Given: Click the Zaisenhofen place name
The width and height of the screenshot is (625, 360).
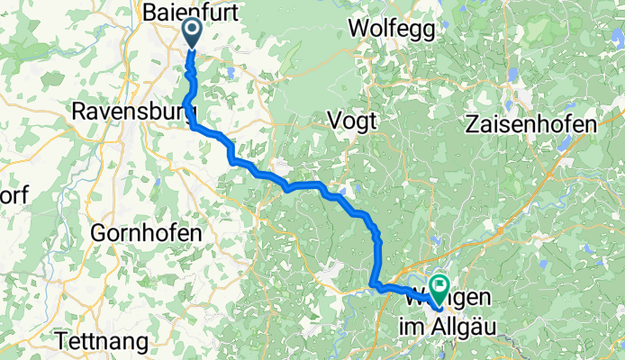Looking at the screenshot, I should (531, 125).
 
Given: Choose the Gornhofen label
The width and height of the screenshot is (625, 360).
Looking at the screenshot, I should (146, 232).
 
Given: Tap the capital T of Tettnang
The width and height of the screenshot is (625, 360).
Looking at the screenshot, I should (61, 341).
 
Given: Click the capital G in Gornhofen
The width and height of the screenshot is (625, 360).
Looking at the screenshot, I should (98, 232).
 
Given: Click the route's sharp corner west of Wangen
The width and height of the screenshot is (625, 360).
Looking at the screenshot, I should (374, 287).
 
